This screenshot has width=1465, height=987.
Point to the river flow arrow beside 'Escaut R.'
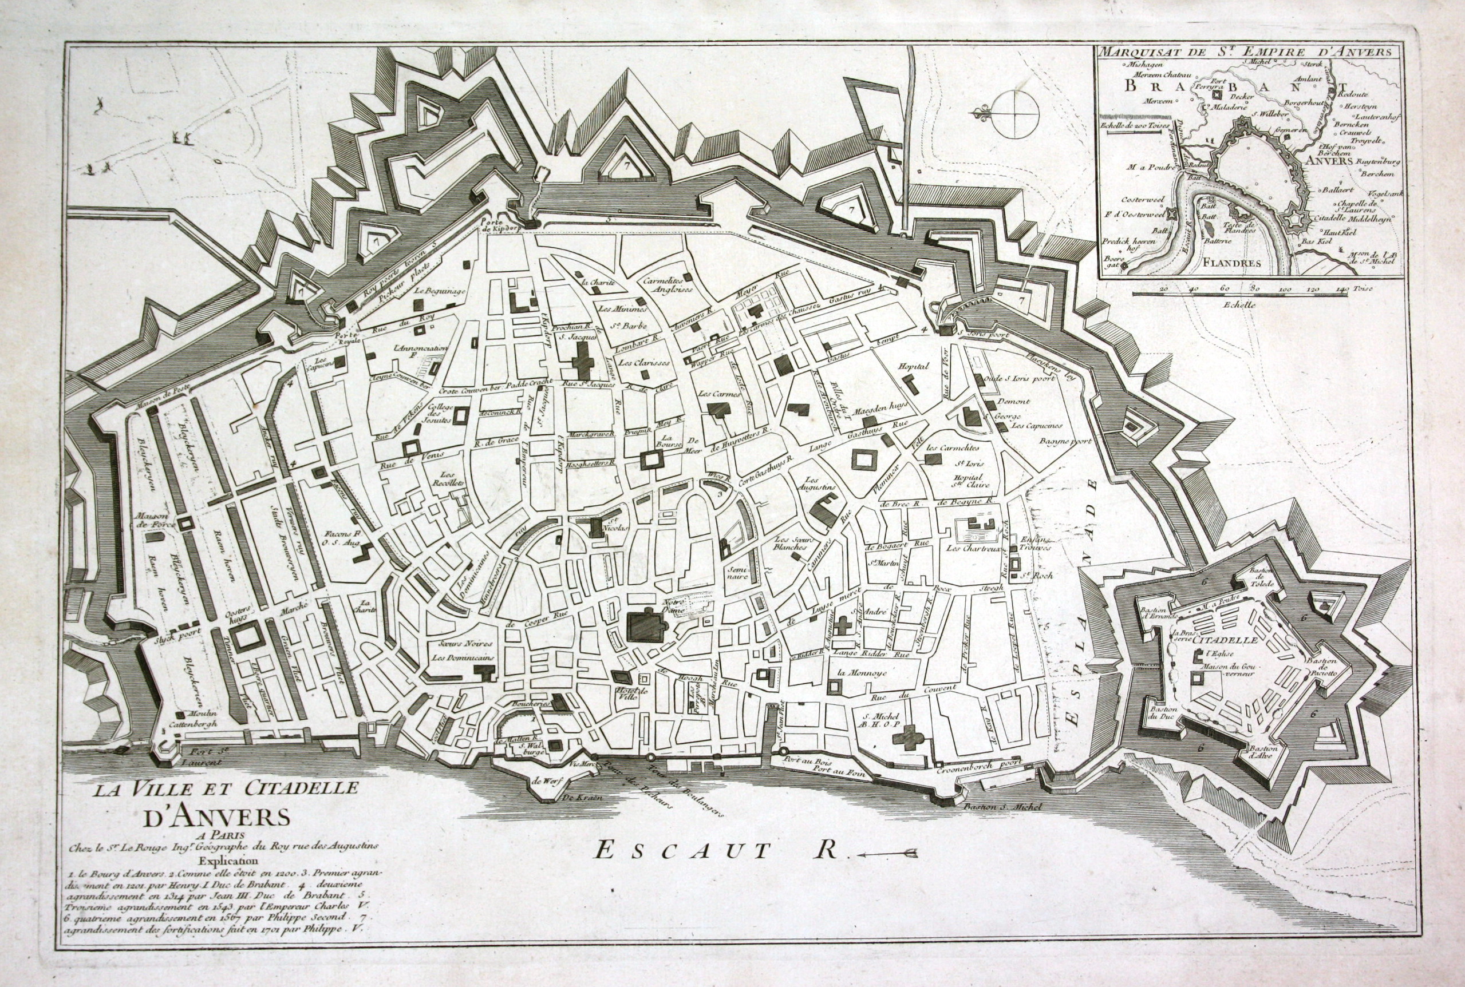click(888, 854)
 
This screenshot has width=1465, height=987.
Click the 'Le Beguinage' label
click(440, 291)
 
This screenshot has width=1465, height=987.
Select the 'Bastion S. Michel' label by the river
click(1002, 807)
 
